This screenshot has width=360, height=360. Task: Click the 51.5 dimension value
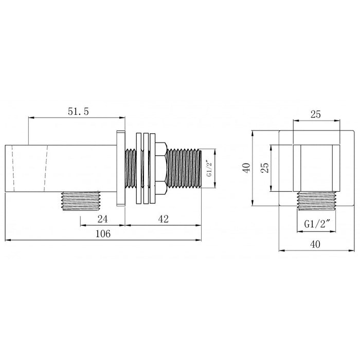(78, 112)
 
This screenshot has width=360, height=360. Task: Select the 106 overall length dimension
(103, 233)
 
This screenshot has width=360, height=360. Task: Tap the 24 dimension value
(102, 219)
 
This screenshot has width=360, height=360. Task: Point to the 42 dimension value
(163, 219)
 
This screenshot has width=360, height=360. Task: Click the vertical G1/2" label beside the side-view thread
(209, 168)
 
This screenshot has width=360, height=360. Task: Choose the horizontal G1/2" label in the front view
(317, 224)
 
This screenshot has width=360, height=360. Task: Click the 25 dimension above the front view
(315, 114)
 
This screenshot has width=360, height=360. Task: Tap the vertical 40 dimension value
(246, 168)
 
